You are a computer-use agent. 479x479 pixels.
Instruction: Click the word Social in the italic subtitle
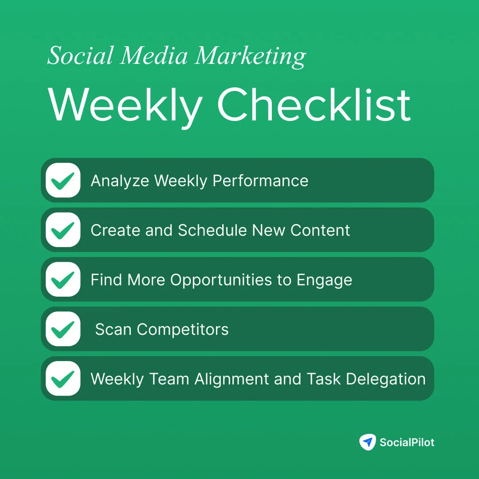(81, 56)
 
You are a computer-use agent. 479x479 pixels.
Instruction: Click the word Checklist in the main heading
(314, 105)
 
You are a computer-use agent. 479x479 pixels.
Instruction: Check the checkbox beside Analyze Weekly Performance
(63, 181)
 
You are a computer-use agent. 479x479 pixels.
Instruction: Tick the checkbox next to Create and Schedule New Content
(63, 230)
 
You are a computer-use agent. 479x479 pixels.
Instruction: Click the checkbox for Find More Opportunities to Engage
(63, 280)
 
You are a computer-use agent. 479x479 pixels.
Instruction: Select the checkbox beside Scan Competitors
(63, 330)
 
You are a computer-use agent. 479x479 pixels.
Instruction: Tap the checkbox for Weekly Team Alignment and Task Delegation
(63, 379)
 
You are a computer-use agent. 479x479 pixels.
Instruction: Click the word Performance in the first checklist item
(260, 181)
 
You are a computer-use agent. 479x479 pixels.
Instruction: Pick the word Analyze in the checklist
(119, 181)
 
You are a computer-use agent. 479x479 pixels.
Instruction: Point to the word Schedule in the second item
(212, 230)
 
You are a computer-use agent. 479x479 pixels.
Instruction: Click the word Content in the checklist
(320, 230)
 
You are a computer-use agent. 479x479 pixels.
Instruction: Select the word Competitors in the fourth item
(183, 330)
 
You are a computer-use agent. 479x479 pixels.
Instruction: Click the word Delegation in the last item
(385, 380)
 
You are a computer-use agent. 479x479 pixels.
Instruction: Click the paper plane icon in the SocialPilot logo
(367, 442)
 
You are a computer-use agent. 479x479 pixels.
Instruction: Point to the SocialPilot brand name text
(407, 442)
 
